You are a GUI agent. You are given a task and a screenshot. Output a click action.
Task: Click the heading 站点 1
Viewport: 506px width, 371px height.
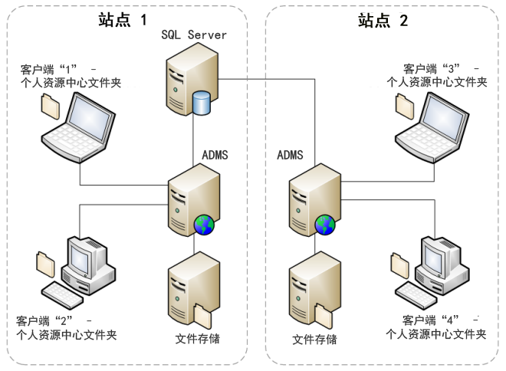pos(122,21)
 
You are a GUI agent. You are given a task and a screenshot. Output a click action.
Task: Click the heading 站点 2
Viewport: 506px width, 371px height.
pos(383,21)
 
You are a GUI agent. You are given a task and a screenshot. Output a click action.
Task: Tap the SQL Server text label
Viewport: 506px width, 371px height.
pos(194,35)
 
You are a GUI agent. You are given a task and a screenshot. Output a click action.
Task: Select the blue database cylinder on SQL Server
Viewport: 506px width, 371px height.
pos(202,101)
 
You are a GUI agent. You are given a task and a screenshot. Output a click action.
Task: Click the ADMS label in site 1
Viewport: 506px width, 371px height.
pos(214,155)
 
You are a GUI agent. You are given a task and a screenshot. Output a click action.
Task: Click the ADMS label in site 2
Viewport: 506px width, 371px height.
pos(290,155)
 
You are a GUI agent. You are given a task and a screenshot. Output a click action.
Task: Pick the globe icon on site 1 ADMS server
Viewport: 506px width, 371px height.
pos(204,224)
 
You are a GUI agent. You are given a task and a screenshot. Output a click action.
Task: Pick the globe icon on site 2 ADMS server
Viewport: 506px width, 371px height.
pos(324,225)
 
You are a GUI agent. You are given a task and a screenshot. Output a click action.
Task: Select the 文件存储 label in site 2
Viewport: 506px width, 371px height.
pos(314,339)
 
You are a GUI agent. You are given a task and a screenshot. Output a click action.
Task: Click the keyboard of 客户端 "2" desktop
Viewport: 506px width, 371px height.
pos(63,292)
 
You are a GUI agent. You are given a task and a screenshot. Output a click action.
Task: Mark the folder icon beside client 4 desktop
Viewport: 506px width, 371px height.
pos(400,262)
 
